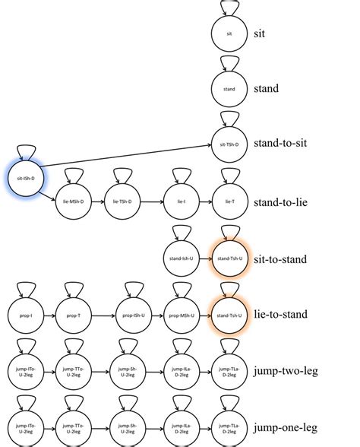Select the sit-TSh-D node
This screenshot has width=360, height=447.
(229, 144)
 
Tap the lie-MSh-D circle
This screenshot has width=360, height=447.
(74, 201)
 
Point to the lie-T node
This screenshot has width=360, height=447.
(229, 201)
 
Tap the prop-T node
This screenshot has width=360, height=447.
(74, 315)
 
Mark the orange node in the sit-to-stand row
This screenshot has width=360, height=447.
(229, 258)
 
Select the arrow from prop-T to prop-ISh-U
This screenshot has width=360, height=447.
(101, 315)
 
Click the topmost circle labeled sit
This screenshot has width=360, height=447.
(229, 33)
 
